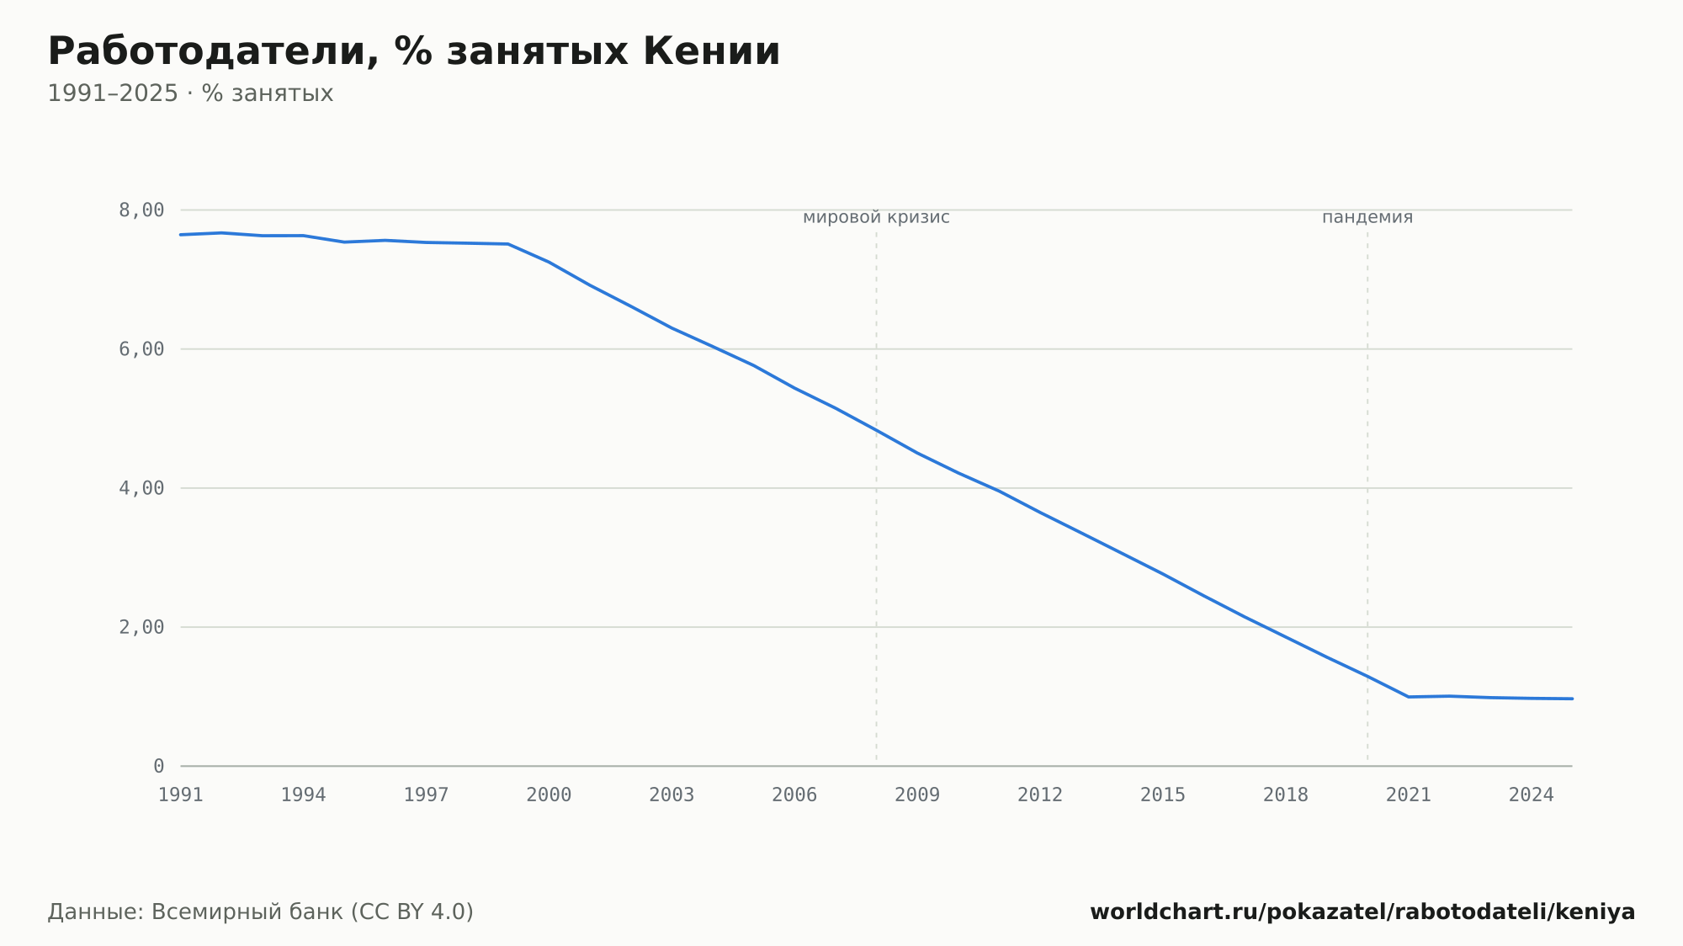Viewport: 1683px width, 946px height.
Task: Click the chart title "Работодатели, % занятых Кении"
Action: [414, 51]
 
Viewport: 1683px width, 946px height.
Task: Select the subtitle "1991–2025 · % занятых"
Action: [190, 93]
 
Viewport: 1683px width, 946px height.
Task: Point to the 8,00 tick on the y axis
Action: [141, 210]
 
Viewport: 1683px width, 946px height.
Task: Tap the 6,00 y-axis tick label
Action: [141, 349]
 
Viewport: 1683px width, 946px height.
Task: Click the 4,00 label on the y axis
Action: [141, 488]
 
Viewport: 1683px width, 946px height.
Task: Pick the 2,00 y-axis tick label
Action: [141, 627]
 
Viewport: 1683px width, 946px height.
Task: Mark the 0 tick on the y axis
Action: [159, 766]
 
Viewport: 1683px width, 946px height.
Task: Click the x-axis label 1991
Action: [181, 795]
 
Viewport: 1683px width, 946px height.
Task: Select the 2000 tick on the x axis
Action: [549, 795]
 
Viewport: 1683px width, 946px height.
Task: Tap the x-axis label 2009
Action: [917, 795]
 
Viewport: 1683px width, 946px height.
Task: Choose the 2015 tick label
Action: [1163, 795]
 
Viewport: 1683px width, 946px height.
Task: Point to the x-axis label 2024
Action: [1532, 795]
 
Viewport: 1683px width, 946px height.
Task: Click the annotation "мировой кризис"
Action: [876, 218]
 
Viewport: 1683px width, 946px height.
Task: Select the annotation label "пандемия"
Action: [1367, 218]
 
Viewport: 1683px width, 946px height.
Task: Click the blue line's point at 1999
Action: [508, 244]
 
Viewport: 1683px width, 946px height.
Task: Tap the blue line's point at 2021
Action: [1409, 697]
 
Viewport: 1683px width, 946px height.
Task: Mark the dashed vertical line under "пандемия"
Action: [1367, 497]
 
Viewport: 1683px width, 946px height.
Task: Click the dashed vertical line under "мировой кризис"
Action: [876, 497]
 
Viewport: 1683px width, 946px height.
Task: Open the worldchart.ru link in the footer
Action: [1362, 912]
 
